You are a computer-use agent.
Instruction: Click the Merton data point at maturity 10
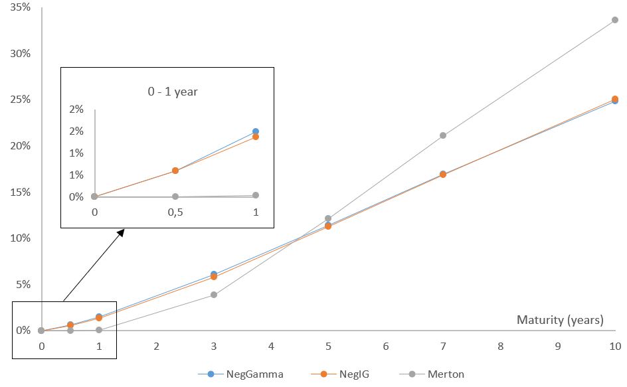(x=615, y=20)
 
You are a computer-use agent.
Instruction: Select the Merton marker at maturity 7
(x=443, y=135)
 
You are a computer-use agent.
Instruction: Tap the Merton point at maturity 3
(x=214, y=295)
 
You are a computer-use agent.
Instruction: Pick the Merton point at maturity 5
(x=328, y=218)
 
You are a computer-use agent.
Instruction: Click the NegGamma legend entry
(x=240, y=374)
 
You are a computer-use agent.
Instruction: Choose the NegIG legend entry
(x=340, y=374)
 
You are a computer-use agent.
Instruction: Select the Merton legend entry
(x=432, y=374)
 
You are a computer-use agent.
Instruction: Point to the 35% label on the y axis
(x=20, y=7)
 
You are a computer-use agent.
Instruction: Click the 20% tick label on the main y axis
(x=20, y=146)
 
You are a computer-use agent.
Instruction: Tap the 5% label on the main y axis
(x=23, y=284)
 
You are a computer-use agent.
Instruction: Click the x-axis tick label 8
(x=500, y=347)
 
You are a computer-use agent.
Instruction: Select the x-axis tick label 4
(x=271, y=347)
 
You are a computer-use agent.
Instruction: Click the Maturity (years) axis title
(x=560, y=320)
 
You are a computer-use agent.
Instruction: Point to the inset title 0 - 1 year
(x=173, y=92)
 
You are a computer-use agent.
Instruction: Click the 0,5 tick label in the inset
(x=175, y=212)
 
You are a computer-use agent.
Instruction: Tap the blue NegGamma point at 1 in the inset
(x=256, y=131)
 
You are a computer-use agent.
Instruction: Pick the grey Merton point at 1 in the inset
(x=256, y=195)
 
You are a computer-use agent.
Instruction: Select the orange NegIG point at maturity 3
(x=214, y=277)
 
